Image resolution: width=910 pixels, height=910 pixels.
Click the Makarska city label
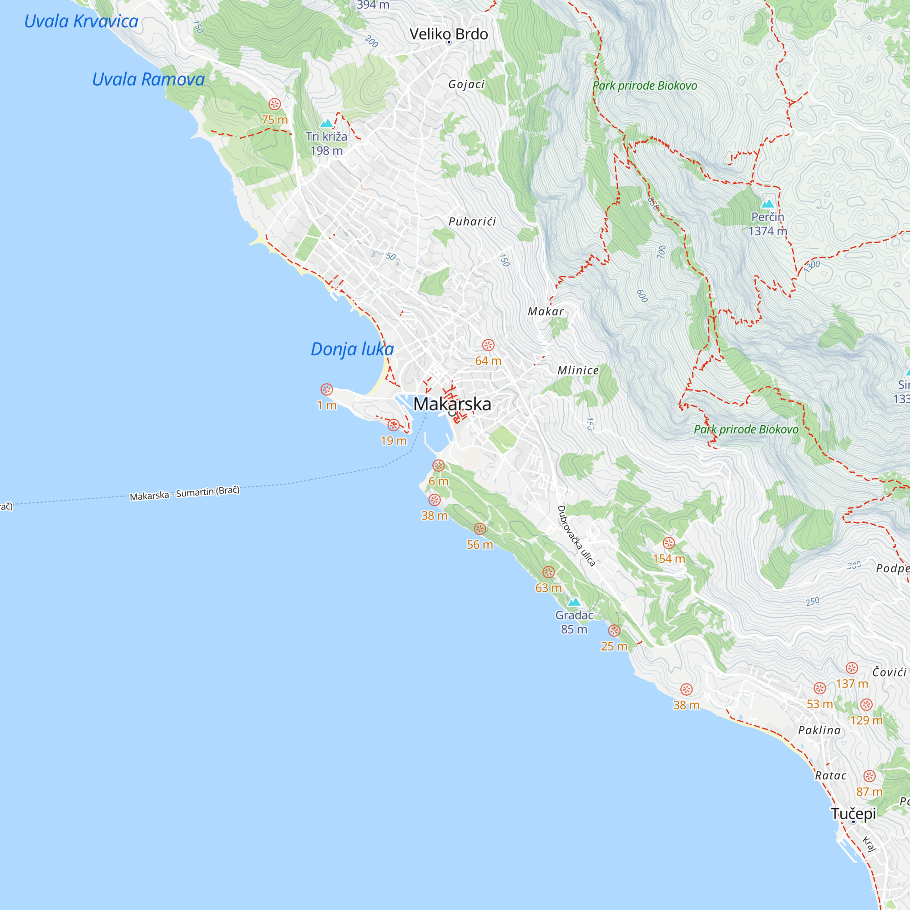coord(452,404)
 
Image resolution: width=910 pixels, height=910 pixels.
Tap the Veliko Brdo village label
coord(449,34)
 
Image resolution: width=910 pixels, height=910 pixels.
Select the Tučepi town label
coord(853,814)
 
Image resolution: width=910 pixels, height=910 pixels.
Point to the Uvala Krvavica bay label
coord(81,22)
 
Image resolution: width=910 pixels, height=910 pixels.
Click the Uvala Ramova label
coord(148,80)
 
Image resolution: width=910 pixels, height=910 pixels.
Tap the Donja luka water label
coord(352,349)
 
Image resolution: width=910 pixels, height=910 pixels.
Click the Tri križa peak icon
coord(326,124)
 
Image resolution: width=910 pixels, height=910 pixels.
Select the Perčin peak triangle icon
coord(767,204)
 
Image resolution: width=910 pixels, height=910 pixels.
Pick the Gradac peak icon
coord(574,602)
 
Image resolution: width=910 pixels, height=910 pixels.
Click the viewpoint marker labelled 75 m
coord(275,104)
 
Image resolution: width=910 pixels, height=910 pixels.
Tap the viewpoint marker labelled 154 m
coord(669,543)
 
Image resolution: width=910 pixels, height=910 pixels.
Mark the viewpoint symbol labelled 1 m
coord(326,389)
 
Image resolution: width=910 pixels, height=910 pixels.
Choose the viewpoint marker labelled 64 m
coord(488,345)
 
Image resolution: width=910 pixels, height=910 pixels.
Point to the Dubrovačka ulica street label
coord(576,536)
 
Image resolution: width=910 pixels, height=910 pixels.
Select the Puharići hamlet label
coord(472,222)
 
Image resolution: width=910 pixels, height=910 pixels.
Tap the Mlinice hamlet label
coord(578,370)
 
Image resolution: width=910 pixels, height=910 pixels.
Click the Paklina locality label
coord(819,731)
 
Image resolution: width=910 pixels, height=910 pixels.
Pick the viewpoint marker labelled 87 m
coord(870,776)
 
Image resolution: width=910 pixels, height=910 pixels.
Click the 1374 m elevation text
coord(767,231)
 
